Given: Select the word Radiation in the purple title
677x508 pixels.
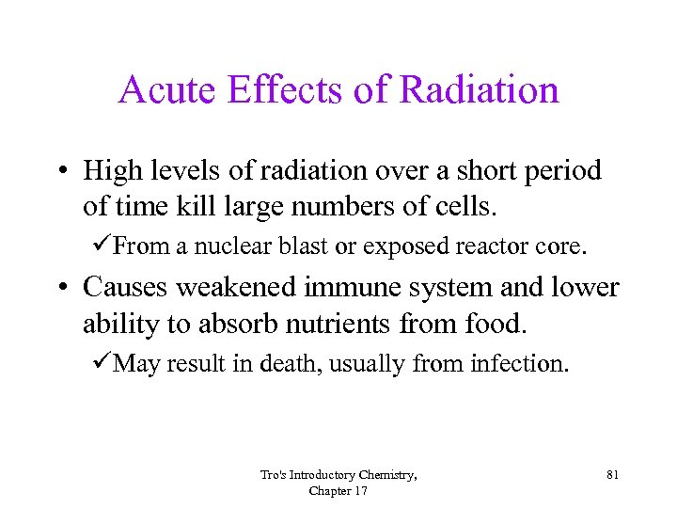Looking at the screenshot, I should (x=479, y=90).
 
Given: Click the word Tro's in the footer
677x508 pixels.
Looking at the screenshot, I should (x=274, y=475).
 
